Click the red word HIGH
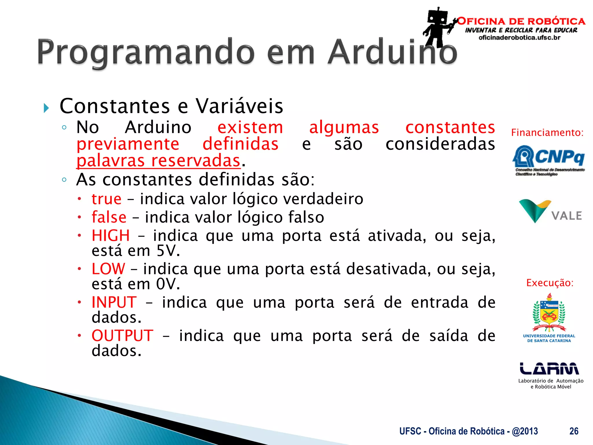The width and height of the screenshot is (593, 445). pos(111,235)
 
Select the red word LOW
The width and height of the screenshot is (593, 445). pos(108,269)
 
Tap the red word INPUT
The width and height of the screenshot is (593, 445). pos(114,302)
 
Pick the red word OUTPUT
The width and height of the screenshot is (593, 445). pos(122,335)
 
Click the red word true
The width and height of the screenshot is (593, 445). pos(107,199)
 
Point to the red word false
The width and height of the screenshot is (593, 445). pos(109,217)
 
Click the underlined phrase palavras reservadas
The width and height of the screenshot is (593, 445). pos(158,161)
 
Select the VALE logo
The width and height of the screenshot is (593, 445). pos(550,211)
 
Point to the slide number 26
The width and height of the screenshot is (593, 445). pos(574,431)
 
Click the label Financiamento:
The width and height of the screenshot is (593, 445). pos(547,132)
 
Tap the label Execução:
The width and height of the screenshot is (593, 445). pos(550,283)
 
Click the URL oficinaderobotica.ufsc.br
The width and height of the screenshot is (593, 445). pos(519,38)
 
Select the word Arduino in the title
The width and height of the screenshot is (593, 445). pos(392,52)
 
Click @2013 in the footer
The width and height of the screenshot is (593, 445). pos(525,431)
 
